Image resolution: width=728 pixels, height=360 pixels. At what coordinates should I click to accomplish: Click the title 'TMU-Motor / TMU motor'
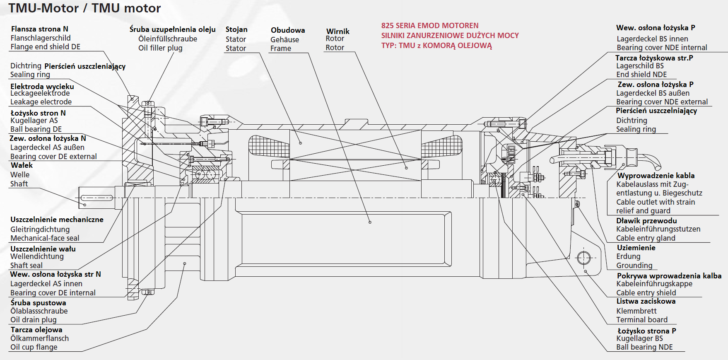tap(85, 8)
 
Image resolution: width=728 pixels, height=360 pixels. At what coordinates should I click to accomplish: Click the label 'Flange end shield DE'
tap(46, 47)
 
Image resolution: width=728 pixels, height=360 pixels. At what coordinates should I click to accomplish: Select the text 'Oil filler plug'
tap(160, 48)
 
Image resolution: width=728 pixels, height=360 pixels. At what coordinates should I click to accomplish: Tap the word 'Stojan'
tap(236, 29)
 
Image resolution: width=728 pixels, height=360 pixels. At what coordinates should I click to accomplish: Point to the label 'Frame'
tap(281, 48)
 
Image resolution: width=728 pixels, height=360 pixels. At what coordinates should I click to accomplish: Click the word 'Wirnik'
tap(337, 31)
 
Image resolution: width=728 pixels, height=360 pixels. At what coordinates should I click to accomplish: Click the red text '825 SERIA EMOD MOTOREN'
tap(430, 26)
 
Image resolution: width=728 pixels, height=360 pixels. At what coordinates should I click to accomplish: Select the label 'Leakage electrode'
tap(41, 102)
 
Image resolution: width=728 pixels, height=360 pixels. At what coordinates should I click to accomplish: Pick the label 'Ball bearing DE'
tap(36, 129)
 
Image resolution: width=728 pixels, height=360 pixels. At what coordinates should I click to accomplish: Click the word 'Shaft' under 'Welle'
tap(19, 184)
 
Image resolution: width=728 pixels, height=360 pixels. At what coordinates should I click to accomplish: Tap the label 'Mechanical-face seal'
tap(45, 238)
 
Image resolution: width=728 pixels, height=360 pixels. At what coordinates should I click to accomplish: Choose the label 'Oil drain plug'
tap(34, 320)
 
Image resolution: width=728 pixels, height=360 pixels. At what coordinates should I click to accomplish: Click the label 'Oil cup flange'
tap(34, 347)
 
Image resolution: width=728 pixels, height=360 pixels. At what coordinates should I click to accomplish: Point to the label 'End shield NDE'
tap(641, 75)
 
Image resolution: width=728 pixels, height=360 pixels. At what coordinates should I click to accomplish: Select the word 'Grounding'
tap(634, 266)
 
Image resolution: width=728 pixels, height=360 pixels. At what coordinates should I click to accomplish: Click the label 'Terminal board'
tap(642, 320)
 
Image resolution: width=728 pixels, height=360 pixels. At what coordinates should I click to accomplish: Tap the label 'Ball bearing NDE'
tap(644, 347)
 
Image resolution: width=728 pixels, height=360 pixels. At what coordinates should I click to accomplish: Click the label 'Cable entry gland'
tap(646, 238)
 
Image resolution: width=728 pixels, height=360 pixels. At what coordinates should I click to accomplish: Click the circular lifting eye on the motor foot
tap(583, 258)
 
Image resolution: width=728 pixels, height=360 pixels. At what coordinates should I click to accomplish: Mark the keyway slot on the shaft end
tap(96, 198)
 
